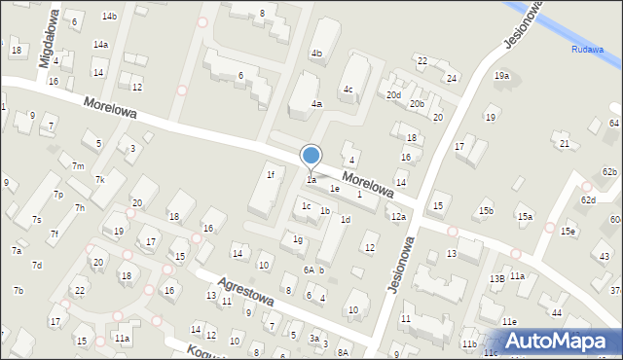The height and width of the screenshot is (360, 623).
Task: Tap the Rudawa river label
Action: (588, 50)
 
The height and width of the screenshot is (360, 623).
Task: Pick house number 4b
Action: (316, 54)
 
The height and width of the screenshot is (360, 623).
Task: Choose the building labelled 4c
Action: (348, 90)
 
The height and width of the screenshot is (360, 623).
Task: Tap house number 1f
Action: (271, 175)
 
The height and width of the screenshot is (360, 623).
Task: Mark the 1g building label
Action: (298, 239)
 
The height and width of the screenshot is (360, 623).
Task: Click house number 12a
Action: (398, 217)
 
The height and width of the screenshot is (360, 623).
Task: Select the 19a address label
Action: (501, 76)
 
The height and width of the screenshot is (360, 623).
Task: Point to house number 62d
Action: (588, 199)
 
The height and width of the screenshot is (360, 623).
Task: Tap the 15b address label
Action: (486, 211)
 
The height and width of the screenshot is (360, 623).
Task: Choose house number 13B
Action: (496, 279)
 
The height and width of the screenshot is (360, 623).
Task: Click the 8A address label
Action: (343, 352)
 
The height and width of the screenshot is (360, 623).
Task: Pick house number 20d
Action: (393, 95)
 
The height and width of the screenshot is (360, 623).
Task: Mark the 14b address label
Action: (110, 17)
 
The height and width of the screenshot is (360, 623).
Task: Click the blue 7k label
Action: (99, 180)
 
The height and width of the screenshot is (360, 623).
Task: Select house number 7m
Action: (77, 166)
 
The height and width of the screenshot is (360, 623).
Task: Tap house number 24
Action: (451, 78)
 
